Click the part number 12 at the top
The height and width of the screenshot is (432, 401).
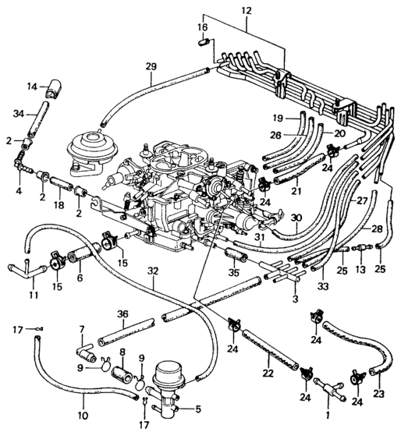click(246, 11)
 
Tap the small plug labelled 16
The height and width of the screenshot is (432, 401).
click(203, 42)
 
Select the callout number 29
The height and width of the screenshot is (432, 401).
click(151, 67)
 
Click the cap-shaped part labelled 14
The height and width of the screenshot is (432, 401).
click(52, 89)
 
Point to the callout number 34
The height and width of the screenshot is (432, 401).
click(19, 114)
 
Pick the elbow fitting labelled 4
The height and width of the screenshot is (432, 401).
click(20, 165)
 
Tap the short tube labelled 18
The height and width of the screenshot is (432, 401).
click(61, 183)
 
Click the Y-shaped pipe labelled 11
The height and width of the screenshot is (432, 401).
click(27, 271)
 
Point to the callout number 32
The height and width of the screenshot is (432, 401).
click(153, 271)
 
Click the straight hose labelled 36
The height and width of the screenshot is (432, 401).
click(126, 333)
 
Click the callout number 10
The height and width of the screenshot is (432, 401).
click(83, 415)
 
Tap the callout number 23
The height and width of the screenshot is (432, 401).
click(378, 394)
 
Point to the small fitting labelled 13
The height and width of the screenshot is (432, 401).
click(361, 247)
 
